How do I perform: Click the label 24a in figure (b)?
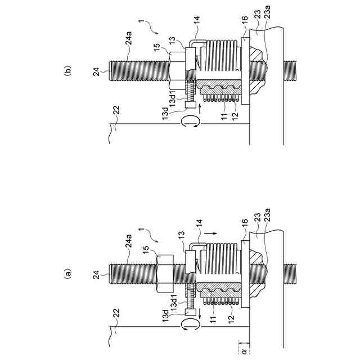pos(129,39)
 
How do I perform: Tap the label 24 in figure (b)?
pos(97,71)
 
